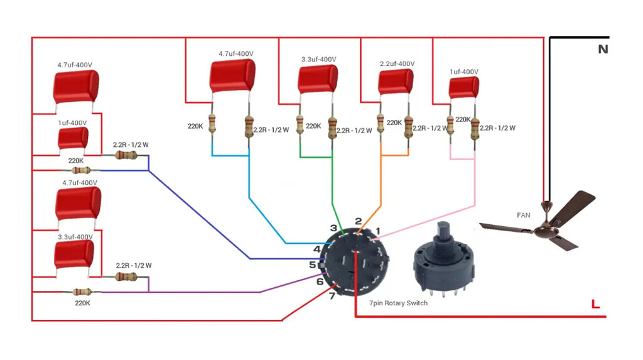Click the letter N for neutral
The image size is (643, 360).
pos(603,49)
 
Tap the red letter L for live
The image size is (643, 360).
pos(595,305)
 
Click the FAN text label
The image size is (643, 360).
pos(523,215)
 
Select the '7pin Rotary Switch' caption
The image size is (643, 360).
pos(399,303)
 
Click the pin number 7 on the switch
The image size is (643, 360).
pos(332,296)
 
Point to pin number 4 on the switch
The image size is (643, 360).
pos(317,249)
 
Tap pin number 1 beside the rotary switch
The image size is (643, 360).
pos(378,231)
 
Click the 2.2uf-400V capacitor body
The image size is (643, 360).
pos(396,82)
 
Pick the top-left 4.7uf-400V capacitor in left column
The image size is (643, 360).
pos(75,86)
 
